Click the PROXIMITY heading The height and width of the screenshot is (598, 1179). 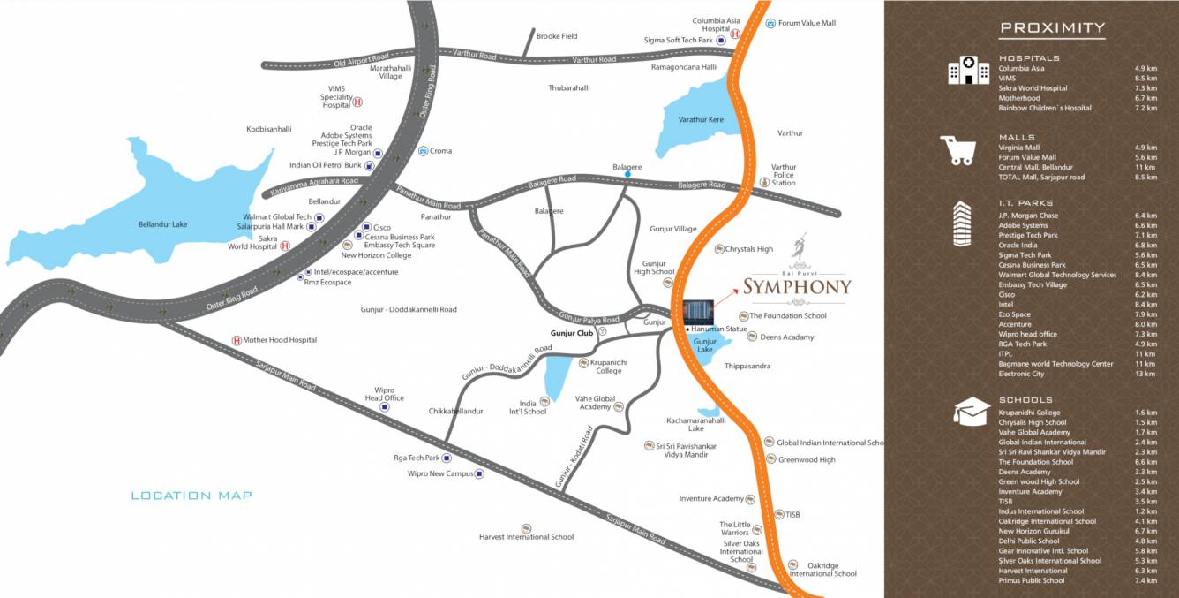[x=1052, y=28]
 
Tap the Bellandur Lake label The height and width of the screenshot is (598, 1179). [x=162, y=224]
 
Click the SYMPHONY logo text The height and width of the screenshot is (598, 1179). [x=797, y=285]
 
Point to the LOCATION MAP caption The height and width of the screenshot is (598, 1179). [x=191, y=496]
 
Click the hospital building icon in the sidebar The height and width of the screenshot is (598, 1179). [x=968, y=71]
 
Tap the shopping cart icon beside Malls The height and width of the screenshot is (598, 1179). [x=957, y=150]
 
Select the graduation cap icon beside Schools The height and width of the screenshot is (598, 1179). [x=971, y=411]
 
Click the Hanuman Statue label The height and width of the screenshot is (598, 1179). [x=719, y=329]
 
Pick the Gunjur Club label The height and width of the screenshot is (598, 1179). [x=567, y=333]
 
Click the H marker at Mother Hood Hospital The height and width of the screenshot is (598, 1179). [x=237, y=340]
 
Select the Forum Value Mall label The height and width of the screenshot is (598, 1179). [x=807, y=23]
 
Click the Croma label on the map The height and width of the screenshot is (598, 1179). [x=440, y=151]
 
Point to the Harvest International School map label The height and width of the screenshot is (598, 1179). [x=526, y=536]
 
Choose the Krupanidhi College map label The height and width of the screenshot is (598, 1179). [x=610, y=367]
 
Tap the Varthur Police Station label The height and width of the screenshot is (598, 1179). [x=784, y=175]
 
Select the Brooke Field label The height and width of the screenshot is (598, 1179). [x=557, y=36]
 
